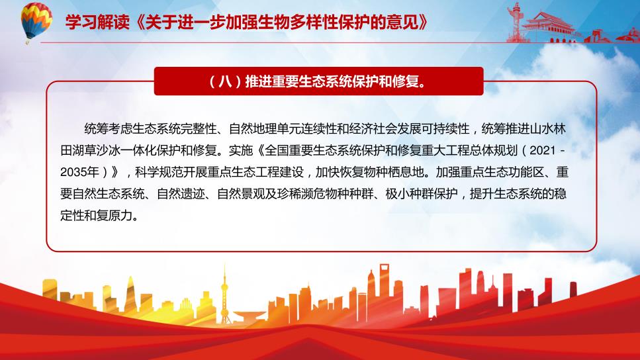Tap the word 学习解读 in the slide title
pos(97,22)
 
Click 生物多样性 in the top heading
pos(282,22)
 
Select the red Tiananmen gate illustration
pos(548,26)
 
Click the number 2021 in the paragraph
pos(543,151)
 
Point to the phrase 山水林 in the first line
pos(548,129)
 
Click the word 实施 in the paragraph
pos(241,151)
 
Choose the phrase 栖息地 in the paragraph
pos(406,172)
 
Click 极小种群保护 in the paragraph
pos(422,194)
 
